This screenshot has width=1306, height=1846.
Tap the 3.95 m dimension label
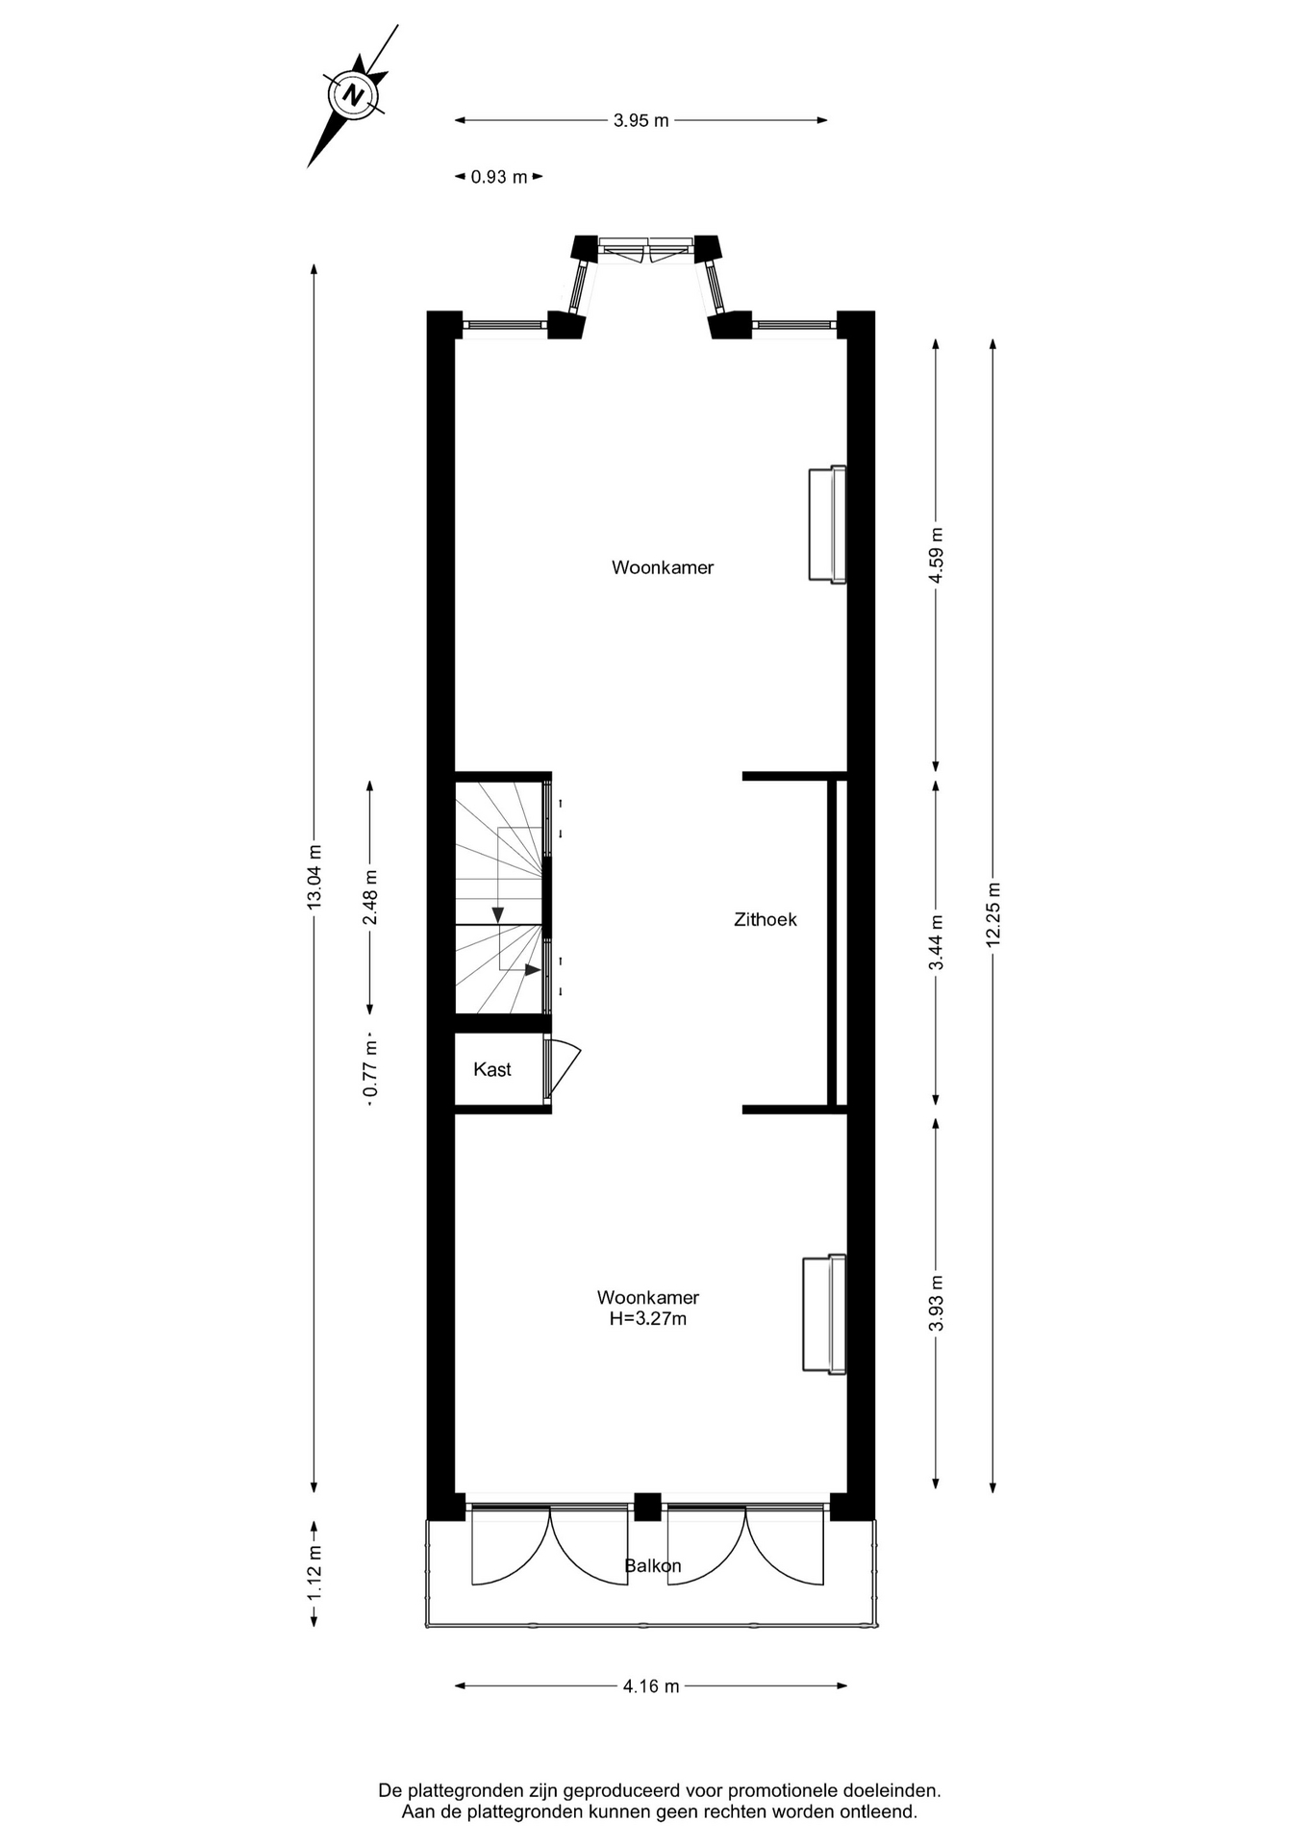click(641, 120)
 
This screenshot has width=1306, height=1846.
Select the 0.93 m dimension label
click(499, 177)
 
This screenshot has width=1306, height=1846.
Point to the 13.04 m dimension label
click(314, 877)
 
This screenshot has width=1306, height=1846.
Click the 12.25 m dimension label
click(993, 914)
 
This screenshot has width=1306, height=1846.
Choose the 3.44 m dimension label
click(937, 942)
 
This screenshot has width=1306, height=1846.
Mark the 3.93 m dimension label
click(937, 1304)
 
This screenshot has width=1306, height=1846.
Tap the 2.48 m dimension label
click(370, 897)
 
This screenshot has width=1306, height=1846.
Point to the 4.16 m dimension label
click(651, 1685)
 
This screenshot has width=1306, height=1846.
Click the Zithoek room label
click(766, 919)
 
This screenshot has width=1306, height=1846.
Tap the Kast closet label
click(492, 1069)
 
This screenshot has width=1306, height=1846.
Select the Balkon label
click(653, 1565)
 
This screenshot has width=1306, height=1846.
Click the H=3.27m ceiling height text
click(648, 1318)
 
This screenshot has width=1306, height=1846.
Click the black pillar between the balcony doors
click(647, 1507)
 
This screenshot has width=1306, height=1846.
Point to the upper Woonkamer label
click(663, 567)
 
